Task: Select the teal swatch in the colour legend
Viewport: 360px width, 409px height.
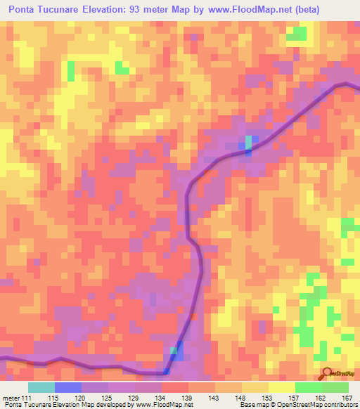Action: pos(41,388)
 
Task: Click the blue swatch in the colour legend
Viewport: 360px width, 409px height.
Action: pos(68,388)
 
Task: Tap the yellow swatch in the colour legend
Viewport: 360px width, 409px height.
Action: pos(282,388)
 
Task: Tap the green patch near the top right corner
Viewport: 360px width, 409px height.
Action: pos(297,32)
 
